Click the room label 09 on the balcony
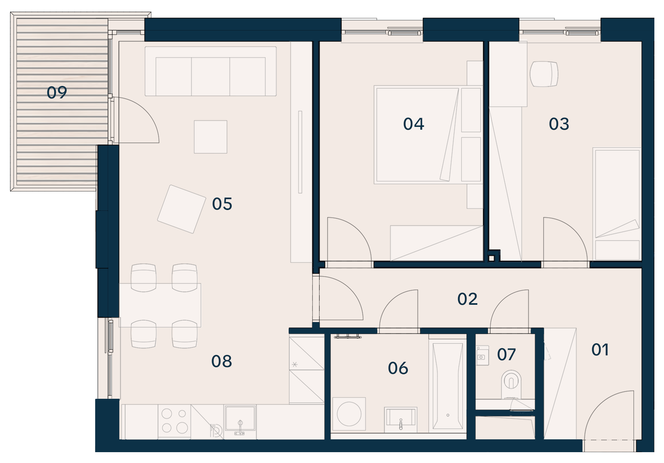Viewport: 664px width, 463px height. pyautogui.click(x=57, y=92)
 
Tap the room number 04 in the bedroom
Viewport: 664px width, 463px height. pyautogui.click(x=413, y=124)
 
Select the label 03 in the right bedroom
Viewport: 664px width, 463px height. pyautogui.click(x=559, y=124)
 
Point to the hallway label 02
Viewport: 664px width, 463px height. pyautogui.click(x=467, y=299)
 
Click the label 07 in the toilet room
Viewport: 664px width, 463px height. pyautogui.click(x=506, y=355)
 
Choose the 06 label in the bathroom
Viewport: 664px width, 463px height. pyautogui.click(x=398, y=368)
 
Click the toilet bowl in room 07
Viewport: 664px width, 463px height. pyautogui.click(x=511, y=384)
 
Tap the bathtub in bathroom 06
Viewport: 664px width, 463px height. pyautogui.click(x=448, y=386)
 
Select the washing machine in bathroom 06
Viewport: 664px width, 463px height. pyautogui.click(x=349, y=414)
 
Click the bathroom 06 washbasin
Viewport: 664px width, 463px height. pyautogui.click(x=401, y=420)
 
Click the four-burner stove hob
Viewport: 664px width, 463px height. pyautogui.click(x=174, y=421)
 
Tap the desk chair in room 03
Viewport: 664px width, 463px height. pyautogui.click(x=544, y=74)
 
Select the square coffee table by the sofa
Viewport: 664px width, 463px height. pyautogui.click(x=210, y=137)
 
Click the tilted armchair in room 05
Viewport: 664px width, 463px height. pyautogui.click(x=181, y=209)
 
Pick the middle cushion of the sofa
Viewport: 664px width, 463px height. pyautogui.click(x=210, y=77)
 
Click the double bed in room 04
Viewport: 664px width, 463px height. pyautogui.click(x=428, y=135)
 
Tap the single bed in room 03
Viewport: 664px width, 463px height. pyautogui.click(x=617, y=204)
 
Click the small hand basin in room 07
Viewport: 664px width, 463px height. pyautogui.click(x=482, y=355)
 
